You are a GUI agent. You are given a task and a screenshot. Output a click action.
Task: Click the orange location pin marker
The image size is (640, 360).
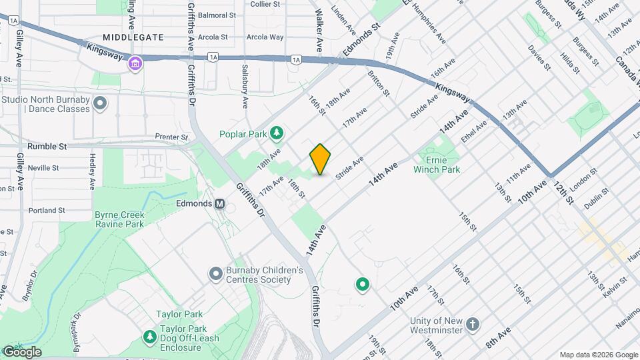click(x=320, y=159)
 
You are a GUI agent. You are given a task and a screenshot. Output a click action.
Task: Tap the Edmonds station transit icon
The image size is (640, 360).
click(x=219, y=203)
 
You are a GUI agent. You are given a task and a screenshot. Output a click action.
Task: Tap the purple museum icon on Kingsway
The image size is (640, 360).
click(x=135, y=65)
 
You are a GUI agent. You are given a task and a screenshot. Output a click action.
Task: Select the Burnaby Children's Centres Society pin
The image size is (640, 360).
click(x=215, y=274)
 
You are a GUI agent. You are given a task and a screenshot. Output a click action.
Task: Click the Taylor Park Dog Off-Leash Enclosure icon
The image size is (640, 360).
click(x=148, y=335)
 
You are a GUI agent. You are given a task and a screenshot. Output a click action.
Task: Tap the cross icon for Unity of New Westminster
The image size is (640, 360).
click(x=472, y=325)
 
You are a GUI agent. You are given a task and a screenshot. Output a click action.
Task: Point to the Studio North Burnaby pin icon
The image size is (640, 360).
click(x=101, y=103)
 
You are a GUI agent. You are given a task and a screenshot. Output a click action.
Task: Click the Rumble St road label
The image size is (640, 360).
click(x=47, y=146)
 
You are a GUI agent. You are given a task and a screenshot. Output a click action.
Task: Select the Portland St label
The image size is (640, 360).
click(x=47, y=210)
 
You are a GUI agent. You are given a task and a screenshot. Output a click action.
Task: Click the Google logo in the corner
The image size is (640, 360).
click(x=21, y=352)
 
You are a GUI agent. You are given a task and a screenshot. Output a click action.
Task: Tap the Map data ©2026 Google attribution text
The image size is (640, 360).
click(x=598, y=355)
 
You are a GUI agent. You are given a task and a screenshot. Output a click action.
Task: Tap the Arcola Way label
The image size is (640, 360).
click(x=265, y=37)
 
